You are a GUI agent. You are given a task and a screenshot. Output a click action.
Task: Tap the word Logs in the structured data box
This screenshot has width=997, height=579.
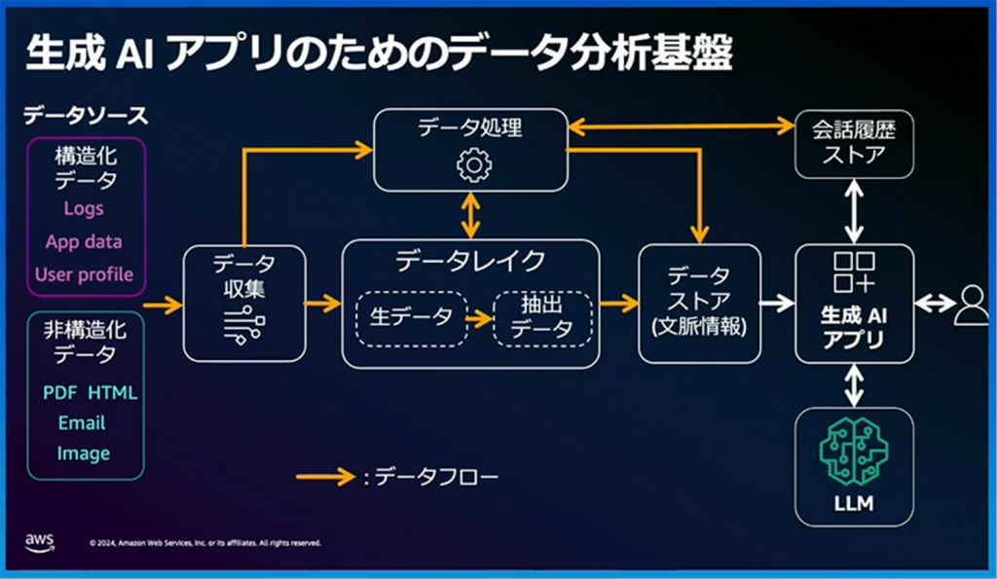click(x=84, y=208)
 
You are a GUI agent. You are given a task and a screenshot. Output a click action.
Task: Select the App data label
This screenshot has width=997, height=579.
click(x=84, y=241)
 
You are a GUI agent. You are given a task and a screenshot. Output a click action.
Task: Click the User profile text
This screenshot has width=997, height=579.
click(x=84, y=273)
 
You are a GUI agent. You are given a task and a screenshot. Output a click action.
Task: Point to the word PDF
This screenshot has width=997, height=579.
click(x=59, y=393)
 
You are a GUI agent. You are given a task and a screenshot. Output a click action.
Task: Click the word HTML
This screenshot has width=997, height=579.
click(x=113, y=393)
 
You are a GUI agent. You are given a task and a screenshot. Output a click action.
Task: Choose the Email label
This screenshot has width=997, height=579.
click(x=82, y=423)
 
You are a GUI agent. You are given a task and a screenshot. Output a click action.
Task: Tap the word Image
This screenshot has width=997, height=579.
click(x=83, y=453)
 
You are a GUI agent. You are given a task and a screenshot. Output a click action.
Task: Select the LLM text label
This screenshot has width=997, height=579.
click(x=854, y=504)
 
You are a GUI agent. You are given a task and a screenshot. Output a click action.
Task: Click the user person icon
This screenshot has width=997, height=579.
click(x=970, y=305)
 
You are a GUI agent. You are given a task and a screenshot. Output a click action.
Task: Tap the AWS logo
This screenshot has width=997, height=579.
click(x=40, y=541)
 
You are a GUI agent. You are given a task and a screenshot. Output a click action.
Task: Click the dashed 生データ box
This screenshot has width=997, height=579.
click(x=411, y=317)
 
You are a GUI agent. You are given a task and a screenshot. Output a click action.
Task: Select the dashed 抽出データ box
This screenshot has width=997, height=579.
click(x=541, y=317)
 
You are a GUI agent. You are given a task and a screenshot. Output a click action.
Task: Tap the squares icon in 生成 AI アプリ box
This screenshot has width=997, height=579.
click(x=854, y=273)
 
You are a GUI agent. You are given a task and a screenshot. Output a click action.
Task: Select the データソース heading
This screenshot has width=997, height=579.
click(x=86, y=116)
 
